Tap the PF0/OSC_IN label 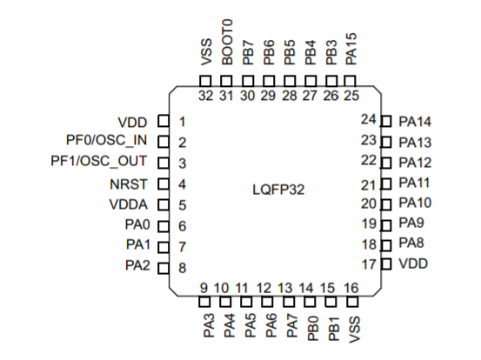tap(106, 142)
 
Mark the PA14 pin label tap(415, 121)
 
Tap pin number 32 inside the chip tap(206, 96)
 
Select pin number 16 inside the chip tap(351, 287)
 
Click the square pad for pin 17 tap(387, 263)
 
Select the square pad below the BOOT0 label tap(227, 81)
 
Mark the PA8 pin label tap(411, 244)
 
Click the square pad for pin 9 tap(206, 303)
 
